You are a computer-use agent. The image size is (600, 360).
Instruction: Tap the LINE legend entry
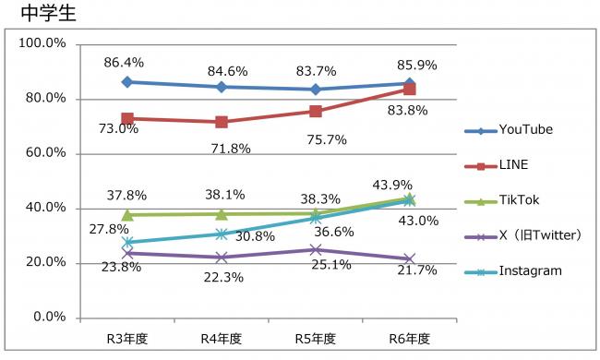(x=513, y=164)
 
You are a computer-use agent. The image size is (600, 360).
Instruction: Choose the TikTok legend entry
(x=519, y=199)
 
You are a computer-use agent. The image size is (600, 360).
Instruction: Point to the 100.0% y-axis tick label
(x=42, y=44)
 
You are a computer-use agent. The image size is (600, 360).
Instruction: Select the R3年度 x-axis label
(x=126, y=339)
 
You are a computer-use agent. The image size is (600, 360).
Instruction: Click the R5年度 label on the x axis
(x=316, y=339)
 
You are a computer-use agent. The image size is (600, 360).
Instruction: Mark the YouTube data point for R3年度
(x=126, y=82)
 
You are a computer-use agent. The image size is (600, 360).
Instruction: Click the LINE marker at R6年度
(x=409, y=89)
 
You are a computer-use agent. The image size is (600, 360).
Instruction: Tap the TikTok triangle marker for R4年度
(x=222, y=213)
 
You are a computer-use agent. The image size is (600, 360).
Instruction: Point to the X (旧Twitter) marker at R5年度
(x=316, y=249)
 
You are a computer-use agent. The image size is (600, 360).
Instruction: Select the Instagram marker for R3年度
(x=126, y=242)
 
